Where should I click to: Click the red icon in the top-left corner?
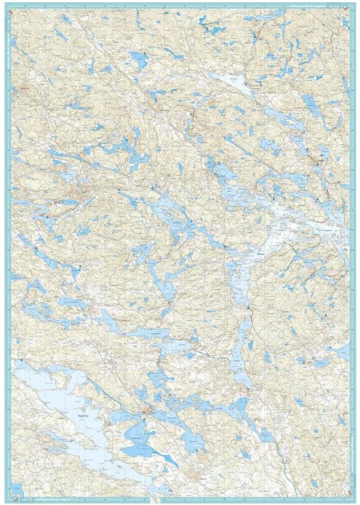click(16, 6)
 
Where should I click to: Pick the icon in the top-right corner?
click(346, 6)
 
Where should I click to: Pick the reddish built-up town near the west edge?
click(72, 202)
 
